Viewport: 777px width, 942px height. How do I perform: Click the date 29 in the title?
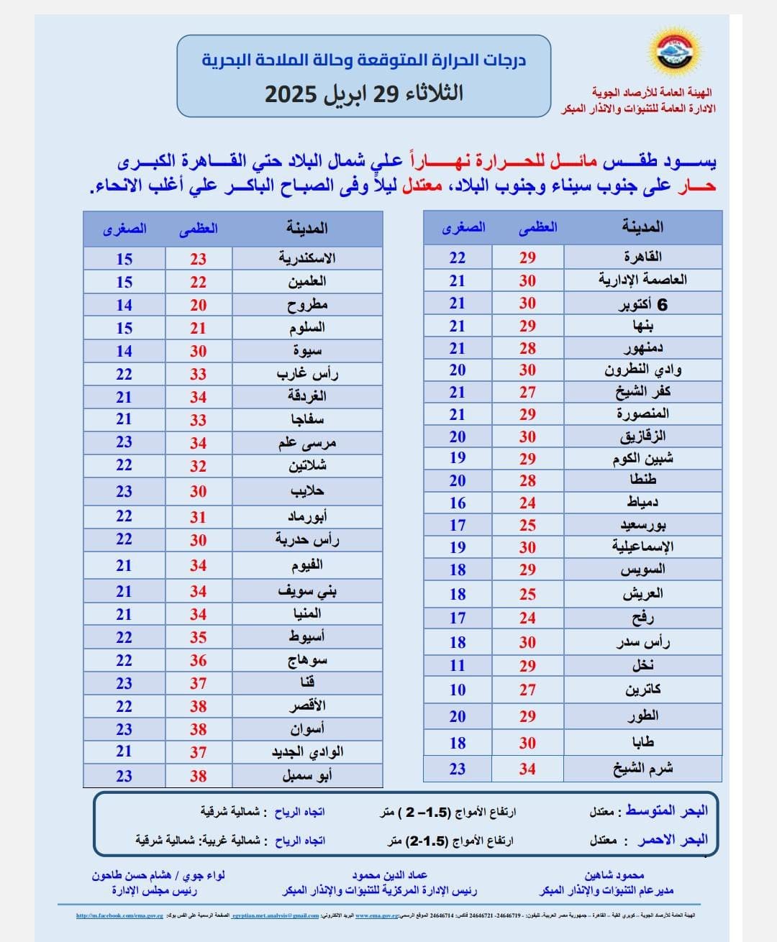point(386,93)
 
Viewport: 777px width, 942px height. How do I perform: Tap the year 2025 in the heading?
point(291,93)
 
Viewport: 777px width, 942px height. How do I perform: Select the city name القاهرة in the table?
point(642,257)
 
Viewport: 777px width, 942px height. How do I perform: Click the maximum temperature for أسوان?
point(198,729)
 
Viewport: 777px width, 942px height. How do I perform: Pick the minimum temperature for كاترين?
point(458,690)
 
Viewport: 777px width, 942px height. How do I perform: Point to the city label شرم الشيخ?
point(642,769)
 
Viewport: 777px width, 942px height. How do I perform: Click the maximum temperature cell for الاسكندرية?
point(198,259)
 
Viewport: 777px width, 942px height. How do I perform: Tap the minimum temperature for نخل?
point(458,665)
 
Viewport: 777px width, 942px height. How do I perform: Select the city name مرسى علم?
point(307,443)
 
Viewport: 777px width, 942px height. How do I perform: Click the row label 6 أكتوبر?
point(642,304)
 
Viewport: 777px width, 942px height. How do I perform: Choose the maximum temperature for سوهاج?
point(198,660)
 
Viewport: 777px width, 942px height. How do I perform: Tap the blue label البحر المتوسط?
point(667,810)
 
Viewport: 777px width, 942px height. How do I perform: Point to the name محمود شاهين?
point(614,875)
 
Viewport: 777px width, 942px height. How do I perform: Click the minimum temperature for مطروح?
point(124,305)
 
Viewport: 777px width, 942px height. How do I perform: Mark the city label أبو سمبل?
point(307,776)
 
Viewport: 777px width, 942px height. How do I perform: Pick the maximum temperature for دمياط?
point(527,503)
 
